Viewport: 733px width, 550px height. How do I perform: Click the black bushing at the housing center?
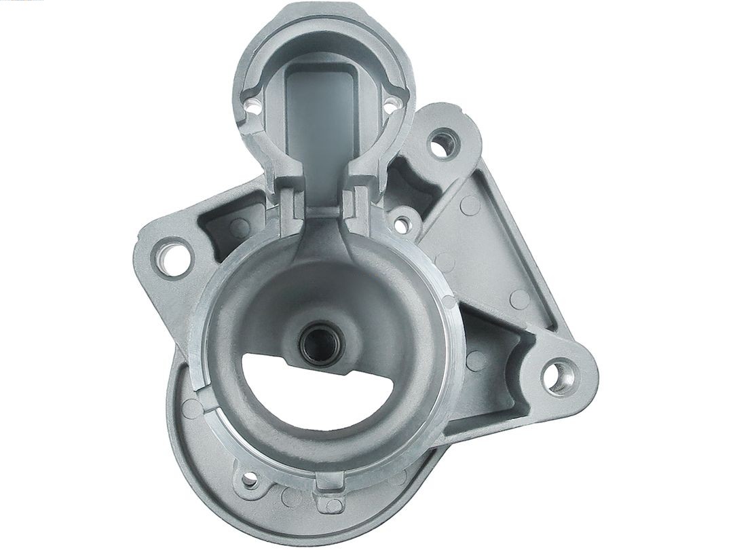pyautogui.click(x=321, y=337)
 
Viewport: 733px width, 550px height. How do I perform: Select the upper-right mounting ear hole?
pyautogui.click(x=443, y=144)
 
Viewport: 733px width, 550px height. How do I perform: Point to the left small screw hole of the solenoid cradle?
pyautogui.click(x=252, y=105)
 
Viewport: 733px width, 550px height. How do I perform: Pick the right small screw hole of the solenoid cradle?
pyautogui.click(x=392, y=104)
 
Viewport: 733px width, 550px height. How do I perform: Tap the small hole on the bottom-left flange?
pyautogui.click(x=250, y=480)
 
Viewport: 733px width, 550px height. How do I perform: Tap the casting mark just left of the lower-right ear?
pyautogui.click(x=519, y=299)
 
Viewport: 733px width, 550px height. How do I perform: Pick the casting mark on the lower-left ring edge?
pyautogui.click(x=193, y=408)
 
